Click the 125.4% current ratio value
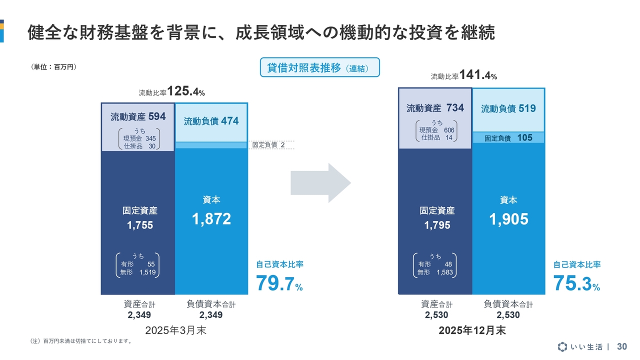click(x=185, y=91)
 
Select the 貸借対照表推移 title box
click(x=319, y=67)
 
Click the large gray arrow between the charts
click(x=320, y=184)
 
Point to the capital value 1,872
click(x=211, y=218)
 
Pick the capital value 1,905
click(x=508, y=219)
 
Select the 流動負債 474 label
click(x=211, y=121)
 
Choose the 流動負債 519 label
click(x=508, y=108)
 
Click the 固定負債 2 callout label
click(x=268, y=144)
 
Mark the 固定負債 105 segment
click(x=508, y=138)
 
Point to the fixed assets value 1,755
click(x=140, y=225)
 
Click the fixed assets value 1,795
click(x=437, y=225)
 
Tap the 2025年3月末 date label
click(x=175, y=330)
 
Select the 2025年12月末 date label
click(x=471, y=330)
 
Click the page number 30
click(x=622, y=346)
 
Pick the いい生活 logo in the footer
click(x=580, y=346)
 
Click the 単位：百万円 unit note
click(x=54, y=66)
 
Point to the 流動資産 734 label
click(x=435, y=108)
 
